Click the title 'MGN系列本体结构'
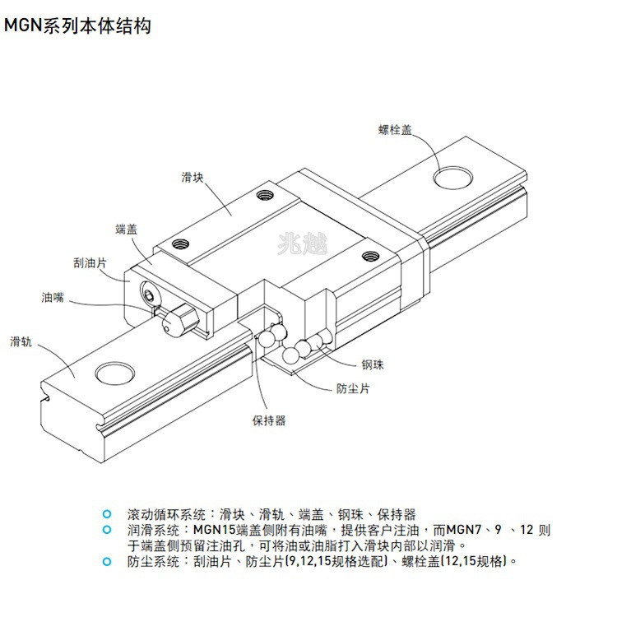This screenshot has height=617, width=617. pos(78,26)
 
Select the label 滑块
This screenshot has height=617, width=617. pos(193,177)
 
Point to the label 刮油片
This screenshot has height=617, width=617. pos(89,262)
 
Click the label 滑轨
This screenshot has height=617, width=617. pos(21,341)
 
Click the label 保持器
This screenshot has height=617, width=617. pos(269,420)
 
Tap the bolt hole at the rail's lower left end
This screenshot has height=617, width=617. pos(114,373)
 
